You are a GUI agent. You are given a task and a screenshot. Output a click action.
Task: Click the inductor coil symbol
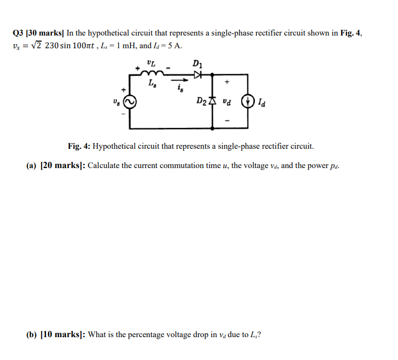(152, 75)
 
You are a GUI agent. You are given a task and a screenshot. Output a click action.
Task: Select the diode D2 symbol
(213, 102)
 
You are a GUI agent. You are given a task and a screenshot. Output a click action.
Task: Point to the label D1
(197, 63)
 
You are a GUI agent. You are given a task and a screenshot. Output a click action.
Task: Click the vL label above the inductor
(151, 63)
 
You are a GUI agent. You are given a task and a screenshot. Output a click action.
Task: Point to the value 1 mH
(121, 45)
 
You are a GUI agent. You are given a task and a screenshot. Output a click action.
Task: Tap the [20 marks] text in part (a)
(62, 166)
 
